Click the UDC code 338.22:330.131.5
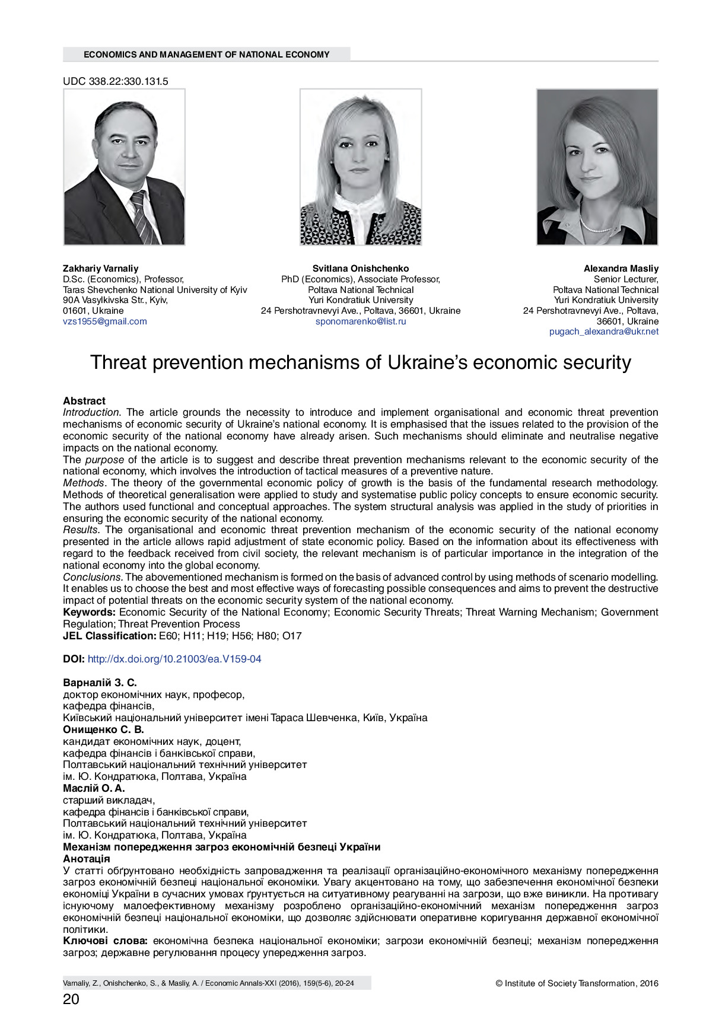[x=116, y=82]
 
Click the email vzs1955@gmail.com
[x=105, y=321]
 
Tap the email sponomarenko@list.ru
[x=361, y=321]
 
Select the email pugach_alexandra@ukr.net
[x=603, y=332]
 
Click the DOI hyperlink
[x=174, y=659]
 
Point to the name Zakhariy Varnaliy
[x=100, y=269]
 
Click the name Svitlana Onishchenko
[x=361, y=269]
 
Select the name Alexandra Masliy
[x=621, y=269]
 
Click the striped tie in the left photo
[x=142, y=216]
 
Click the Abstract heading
[x=84, y=401]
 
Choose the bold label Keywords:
[x=90, y=612]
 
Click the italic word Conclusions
[x=92, y=577]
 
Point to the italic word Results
[x=81, y=530]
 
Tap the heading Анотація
[x=87, y=859]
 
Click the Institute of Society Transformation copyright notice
[x=577, y=983]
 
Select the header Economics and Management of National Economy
[x=206, y=55]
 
